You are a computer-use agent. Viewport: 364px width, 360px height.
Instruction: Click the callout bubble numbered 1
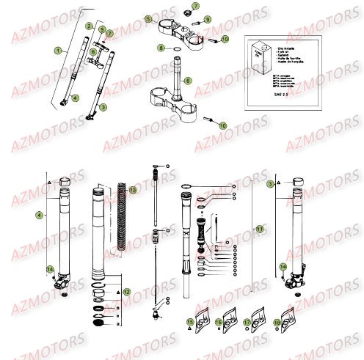[x=58, y=50]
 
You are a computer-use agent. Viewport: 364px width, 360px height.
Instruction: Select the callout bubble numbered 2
[x=89, y=26]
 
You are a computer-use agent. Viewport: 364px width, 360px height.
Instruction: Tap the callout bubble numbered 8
[x=161, y=48]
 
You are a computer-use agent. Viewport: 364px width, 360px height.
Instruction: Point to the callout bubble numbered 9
[x=208, y=19]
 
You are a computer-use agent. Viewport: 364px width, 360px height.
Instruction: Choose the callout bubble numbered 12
[x=126, y=291]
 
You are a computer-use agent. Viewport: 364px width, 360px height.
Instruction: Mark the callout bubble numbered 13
[x=132, y=190]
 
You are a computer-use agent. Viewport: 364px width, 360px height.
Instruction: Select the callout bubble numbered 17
[x=254, y=322]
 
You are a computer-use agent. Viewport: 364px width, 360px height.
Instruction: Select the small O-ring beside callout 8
[x=178, y=48]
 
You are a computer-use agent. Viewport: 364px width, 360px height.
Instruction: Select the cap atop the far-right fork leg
[x=298, y=181]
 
